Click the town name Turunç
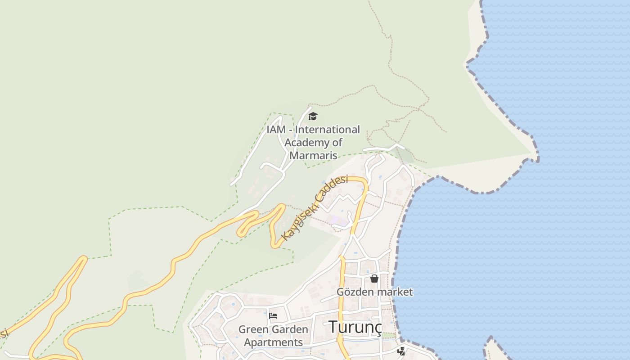click(355, 327)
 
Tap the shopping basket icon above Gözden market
click(374, 279)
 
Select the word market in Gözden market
click(395, 292)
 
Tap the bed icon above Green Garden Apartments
click(273, 315)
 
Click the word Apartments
click(273, 342)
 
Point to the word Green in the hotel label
click(253, 329)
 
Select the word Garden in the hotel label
click(290, 329)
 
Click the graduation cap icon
click(313, 117)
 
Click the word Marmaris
click(313, 156)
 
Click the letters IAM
click(276, 130)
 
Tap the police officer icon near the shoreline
click(401, 351)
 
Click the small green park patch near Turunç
click(388, 336)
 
